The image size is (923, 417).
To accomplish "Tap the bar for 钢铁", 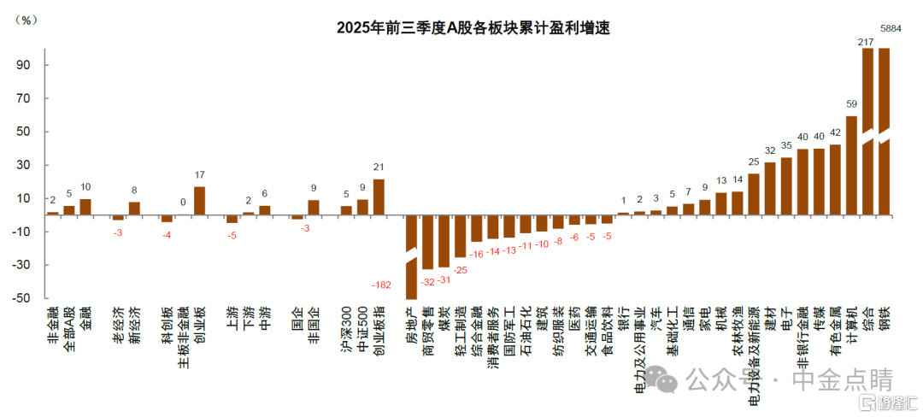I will [x=884, y=128].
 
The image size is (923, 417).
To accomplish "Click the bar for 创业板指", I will [x=379, y=197].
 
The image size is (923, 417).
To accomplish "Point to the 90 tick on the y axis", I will [x=22, y=65].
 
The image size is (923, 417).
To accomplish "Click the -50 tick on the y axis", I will [x=21, y=298].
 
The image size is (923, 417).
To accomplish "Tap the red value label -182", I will [x=381, y=285].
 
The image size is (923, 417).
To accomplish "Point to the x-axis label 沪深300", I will [x=346, y=329].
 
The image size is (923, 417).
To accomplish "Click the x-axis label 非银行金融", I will [x=802, y=337].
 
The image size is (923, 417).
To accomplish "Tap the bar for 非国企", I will [x=314, y=207].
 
